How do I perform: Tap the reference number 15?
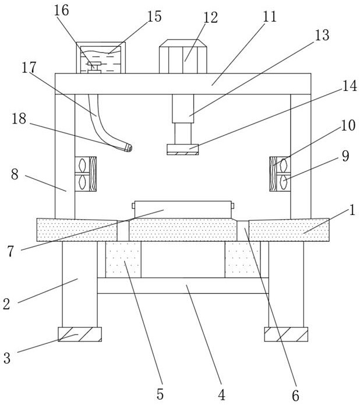click(154, 16)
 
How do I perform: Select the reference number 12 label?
click(210, 17)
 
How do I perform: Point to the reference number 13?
click(322, 35)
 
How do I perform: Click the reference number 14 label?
click(349, 86)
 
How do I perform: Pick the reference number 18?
click(19, 118)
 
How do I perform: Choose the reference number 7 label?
click(10, 252)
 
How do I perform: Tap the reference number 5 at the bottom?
click(160, 394)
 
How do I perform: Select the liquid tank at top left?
click(101, 58)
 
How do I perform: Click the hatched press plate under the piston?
click(182, 149)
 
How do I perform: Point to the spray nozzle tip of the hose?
click(128, 149)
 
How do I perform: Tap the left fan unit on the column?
click(86, 174)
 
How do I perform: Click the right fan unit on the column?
click(280, 174)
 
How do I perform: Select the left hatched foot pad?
click(80, 334)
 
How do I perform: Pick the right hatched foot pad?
click(286, 334)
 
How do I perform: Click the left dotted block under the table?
click(123, 259)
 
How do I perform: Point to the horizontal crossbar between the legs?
click(182, 285)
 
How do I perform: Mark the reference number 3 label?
click(6, 358)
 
